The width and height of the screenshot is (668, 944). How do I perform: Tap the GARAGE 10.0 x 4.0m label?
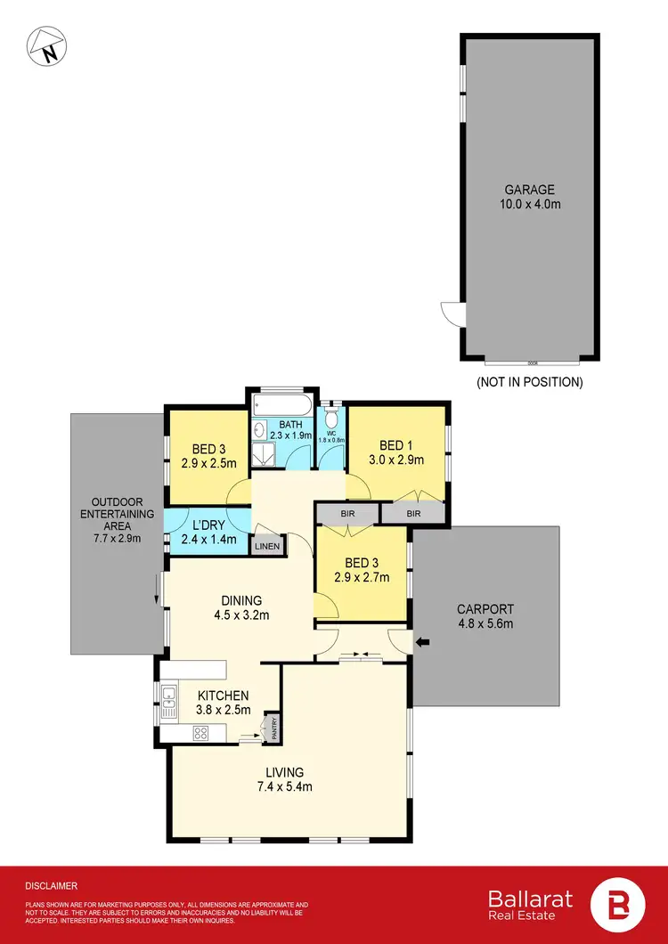(x=530, y=197)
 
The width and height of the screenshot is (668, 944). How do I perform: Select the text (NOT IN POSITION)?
(x=530, y=382)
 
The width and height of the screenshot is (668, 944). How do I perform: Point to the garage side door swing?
(x=451, y=313)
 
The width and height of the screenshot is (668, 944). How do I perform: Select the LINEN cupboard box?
(x=267, y=546)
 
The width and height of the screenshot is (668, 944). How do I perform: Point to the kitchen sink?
(x=168, y=700)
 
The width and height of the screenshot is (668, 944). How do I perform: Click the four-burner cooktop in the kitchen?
(x=201, y=735)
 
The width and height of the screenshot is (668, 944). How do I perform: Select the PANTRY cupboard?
(x=273, y=727)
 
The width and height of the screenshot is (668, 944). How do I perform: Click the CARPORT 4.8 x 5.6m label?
(x=485, y=616)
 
